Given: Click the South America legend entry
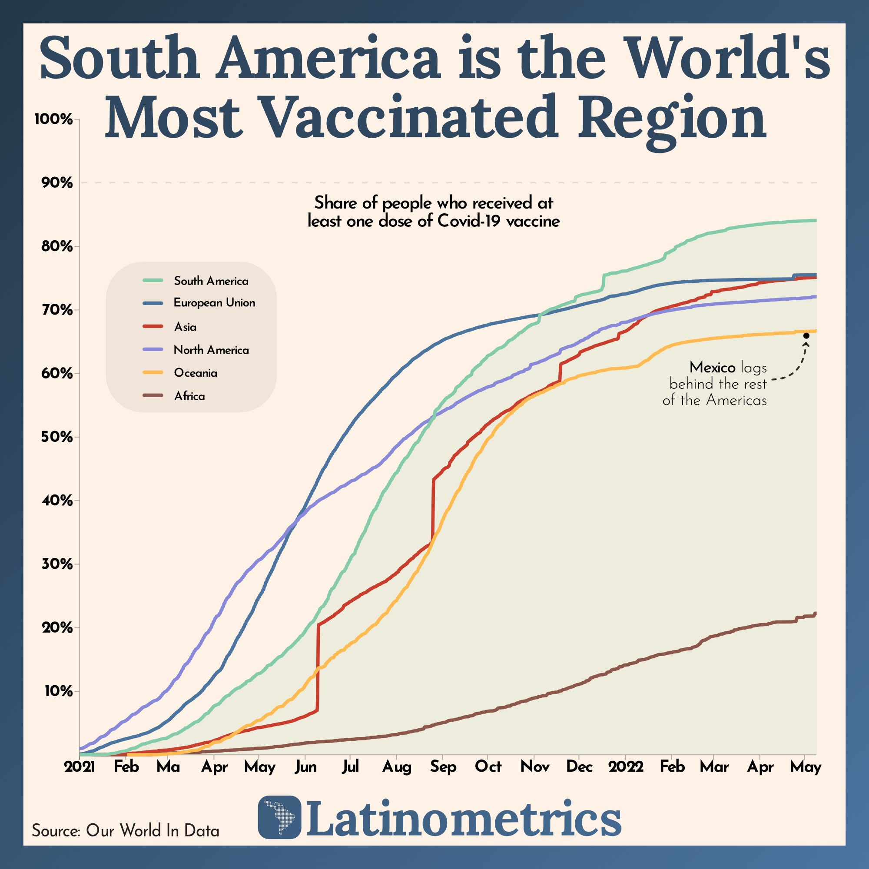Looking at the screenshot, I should click(211, 281).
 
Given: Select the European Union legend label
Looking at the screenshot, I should click(214, 303).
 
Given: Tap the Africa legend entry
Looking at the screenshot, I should click(189, 396).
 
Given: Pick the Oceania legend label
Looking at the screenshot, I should click(195, 373).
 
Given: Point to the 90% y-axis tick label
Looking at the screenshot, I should click(56, 183).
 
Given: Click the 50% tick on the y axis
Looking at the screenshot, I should click(56, 437).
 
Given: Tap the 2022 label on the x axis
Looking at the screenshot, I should click(626, 767).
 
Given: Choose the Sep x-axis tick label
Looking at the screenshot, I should click(443, 767).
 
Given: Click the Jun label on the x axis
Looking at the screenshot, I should click(305, 767).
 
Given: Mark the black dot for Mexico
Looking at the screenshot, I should click(806, 335).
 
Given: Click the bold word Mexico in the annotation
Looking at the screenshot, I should click(712, 368).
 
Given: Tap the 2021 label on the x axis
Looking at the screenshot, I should click(80, 767).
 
